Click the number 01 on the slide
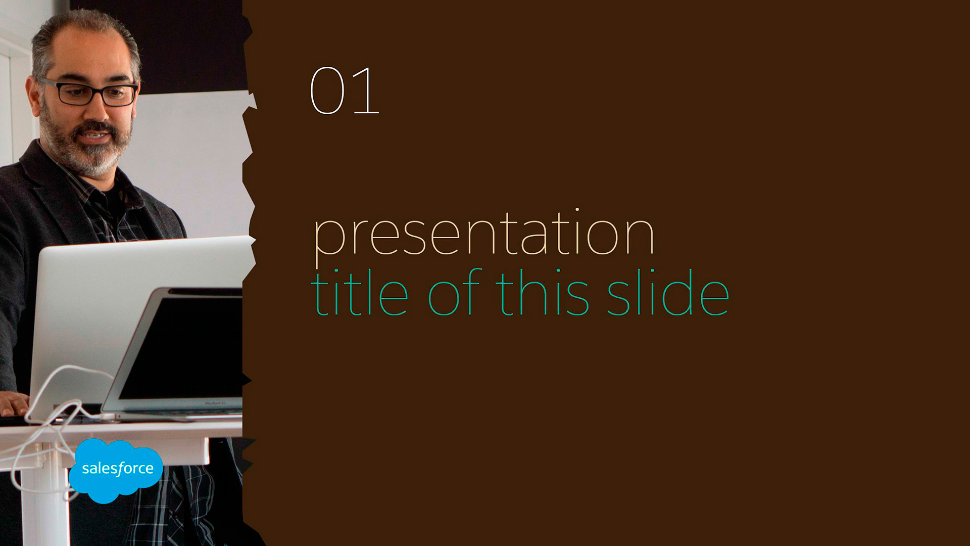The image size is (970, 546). (x=345, y=90)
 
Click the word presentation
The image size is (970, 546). (x=483, y=236)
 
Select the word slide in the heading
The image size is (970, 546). (x=668, y=292)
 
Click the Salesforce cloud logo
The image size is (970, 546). (x=116, y=470)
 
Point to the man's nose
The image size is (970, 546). (x=96, y=111)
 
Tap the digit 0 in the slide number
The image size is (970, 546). (x=327, y=90)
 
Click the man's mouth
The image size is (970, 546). (x=94, y=136)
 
